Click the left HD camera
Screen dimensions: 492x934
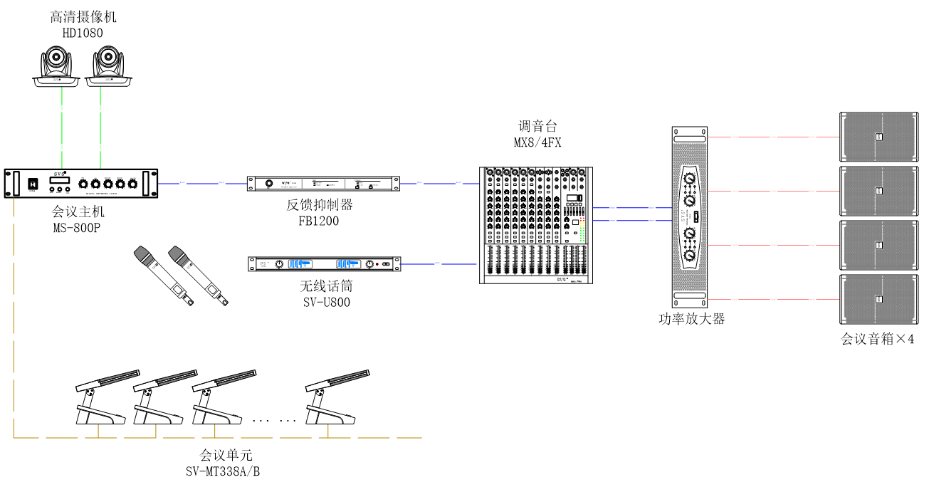58,66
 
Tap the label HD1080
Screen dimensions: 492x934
83,33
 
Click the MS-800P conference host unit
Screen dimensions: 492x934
80,184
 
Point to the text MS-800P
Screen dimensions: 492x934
78,226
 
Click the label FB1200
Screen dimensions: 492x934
319,221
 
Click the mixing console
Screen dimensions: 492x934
535,225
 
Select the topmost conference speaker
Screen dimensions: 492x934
878,136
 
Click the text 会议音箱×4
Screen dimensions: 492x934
877,339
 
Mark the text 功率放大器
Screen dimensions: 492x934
691,319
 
